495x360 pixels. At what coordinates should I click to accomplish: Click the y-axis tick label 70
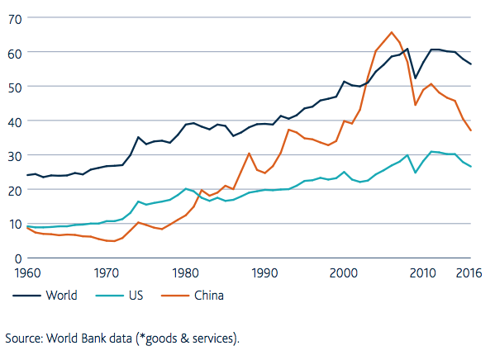[15, 20]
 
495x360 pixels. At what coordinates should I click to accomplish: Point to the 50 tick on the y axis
[15, 88]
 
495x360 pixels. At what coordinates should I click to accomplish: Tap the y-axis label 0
[18, 259]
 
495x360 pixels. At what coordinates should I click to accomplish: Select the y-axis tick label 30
[15, 157]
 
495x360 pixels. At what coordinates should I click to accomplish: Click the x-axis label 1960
[28, 273]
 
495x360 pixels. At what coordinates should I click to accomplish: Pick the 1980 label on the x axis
[186, 273]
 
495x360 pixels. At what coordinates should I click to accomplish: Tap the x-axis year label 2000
[344, 273]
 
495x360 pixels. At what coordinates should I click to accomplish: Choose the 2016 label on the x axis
[469, 273]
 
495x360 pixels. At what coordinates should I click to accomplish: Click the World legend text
[61, 296]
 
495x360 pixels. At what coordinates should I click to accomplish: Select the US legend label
[136, 296]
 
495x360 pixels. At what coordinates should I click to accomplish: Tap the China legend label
[209, 296]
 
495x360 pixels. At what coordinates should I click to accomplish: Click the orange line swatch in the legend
[175, 296]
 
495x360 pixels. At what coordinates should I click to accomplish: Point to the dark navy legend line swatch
[26, 296]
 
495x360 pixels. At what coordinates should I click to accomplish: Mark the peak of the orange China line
[392, 32]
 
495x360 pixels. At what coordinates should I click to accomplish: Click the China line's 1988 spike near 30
[249, 154]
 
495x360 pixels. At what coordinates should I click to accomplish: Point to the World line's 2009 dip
[416, 78]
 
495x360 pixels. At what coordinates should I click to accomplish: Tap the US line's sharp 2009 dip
[416, 173]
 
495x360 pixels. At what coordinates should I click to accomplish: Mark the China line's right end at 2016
[471, 130]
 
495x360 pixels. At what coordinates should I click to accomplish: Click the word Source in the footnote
[24, 339]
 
